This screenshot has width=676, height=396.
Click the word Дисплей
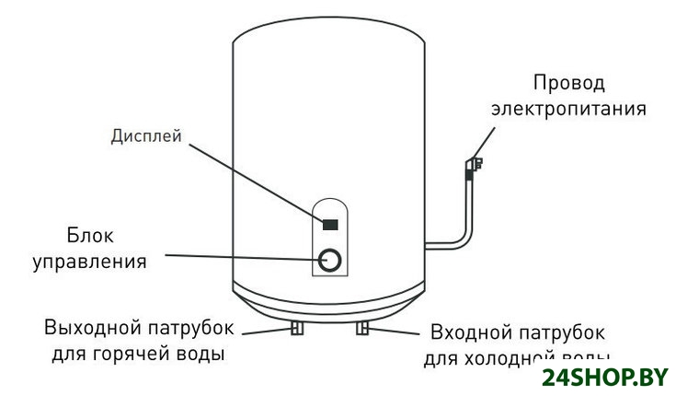point(146,136)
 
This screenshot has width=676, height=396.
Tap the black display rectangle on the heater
point(330,224)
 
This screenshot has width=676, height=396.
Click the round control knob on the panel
point(332,261)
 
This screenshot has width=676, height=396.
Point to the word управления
point(90,262)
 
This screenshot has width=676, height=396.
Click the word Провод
point(570,84)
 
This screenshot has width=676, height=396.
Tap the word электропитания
point(569,109)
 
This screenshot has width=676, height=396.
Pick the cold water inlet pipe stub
point(364,329)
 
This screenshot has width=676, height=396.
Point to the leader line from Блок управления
point(239,256)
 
